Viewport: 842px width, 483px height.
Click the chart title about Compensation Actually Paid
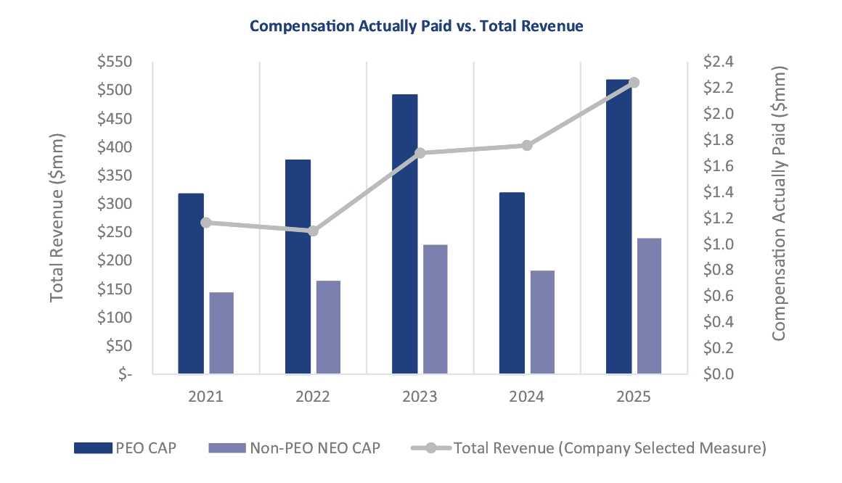tap(416, 26)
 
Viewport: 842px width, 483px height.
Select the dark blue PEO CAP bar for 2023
tap(405, 234)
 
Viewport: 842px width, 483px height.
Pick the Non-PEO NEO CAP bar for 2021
tap(221, 333)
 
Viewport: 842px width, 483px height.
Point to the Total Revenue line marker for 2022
tap(313, 231)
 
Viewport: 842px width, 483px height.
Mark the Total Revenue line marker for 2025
tap(634, 82)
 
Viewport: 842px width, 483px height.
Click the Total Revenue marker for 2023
tap(420, 152)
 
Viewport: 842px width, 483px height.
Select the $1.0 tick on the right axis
tap(719, 244)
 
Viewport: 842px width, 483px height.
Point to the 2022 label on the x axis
tap(313, 397)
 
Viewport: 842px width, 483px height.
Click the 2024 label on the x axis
tap(526, 397)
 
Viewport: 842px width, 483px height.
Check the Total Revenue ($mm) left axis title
tap(58, 218)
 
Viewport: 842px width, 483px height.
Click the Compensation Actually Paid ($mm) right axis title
tap(779, 204)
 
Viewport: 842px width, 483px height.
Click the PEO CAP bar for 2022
tap(298, 266)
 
